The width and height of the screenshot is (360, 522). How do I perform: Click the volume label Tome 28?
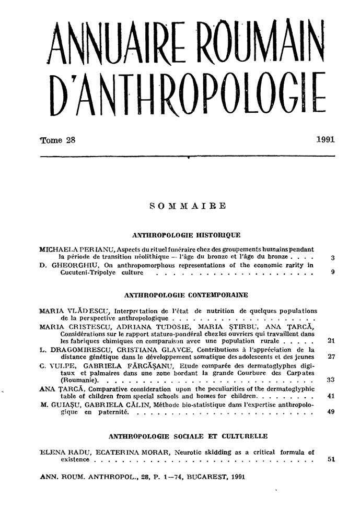(x=58, y=140)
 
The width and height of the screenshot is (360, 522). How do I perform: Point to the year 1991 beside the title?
(x=325, y=140)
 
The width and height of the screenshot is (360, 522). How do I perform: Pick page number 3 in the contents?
(x=333, y=257)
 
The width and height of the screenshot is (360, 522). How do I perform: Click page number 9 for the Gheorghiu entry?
(x=333, y=272)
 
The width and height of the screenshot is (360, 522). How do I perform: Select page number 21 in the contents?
(x=331, y=340)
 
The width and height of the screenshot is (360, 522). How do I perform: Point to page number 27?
(x=331, y=357)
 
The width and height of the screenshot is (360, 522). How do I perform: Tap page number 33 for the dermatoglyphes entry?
(x=331, y=380)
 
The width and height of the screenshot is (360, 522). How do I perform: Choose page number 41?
(x=331, y=396)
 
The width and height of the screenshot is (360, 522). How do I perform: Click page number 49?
(x=331, y=412)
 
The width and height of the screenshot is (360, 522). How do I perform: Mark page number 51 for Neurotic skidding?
(x=331, y=460)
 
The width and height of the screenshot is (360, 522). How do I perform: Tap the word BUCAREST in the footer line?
(x=200, y=477)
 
